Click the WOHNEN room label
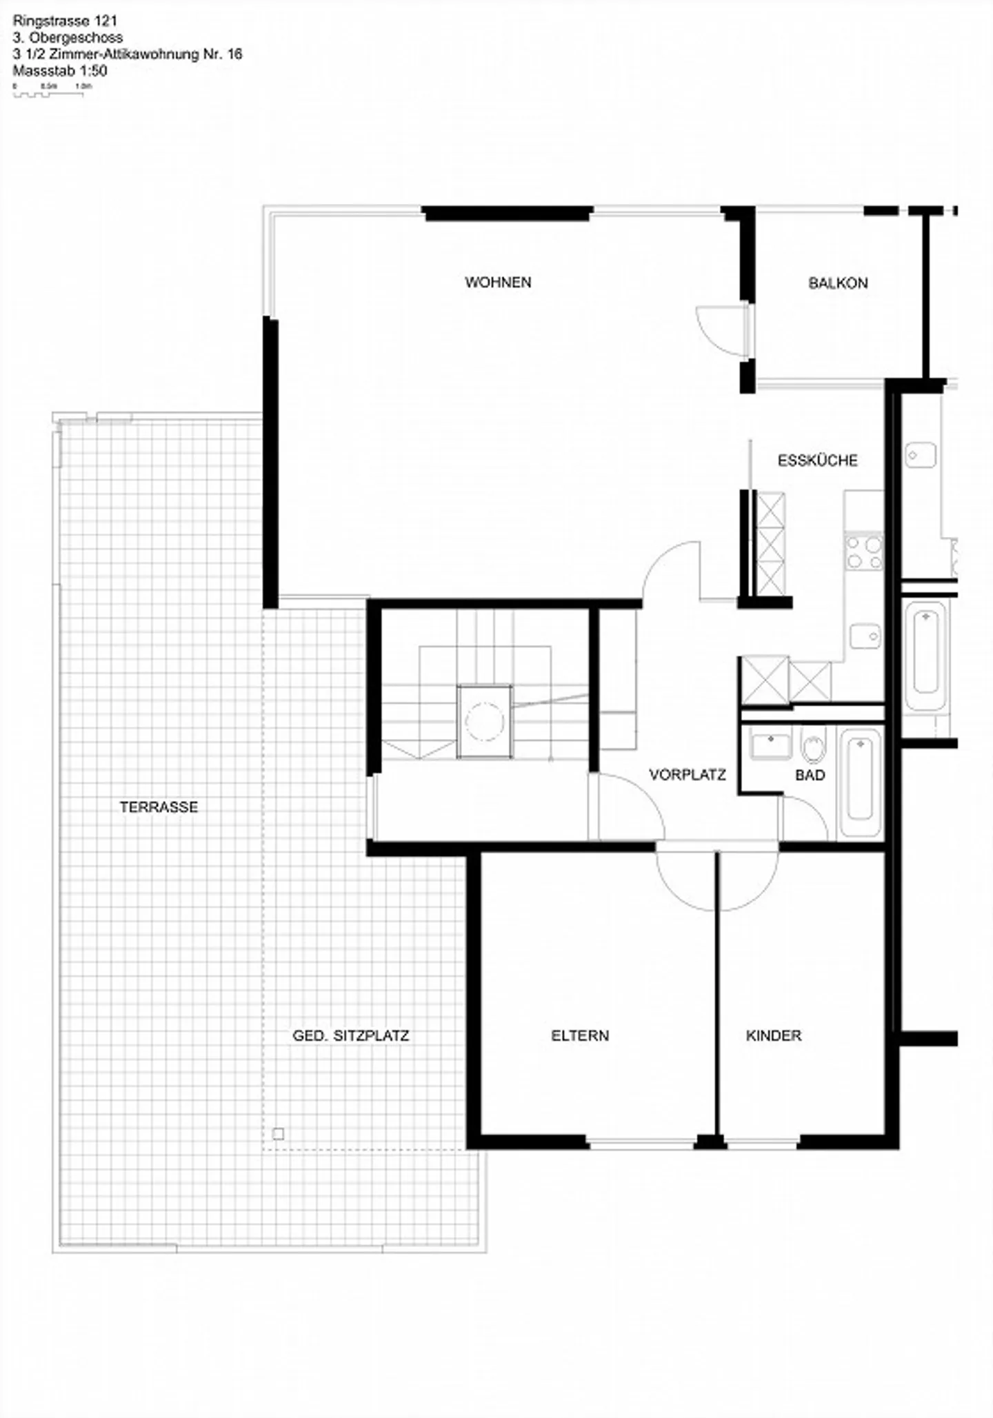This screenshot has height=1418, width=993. point(498,282)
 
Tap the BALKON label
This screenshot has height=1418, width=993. point(838,283)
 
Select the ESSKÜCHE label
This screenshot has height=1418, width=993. point(817,460)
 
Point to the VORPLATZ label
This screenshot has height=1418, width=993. point(688,775)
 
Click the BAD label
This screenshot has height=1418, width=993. point(810,775)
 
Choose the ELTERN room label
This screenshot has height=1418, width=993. point(580,1035)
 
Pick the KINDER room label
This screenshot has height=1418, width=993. point(774,1035)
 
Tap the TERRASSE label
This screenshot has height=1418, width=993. point(159,807)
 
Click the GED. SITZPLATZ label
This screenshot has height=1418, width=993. point(350,1035)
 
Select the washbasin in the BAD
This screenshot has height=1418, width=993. point(770,745)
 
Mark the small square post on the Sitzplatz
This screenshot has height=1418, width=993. point(278,1133)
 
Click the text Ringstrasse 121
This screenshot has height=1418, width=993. point(65,21)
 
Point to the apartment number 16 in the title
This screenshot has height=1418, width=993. point(234,54)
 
